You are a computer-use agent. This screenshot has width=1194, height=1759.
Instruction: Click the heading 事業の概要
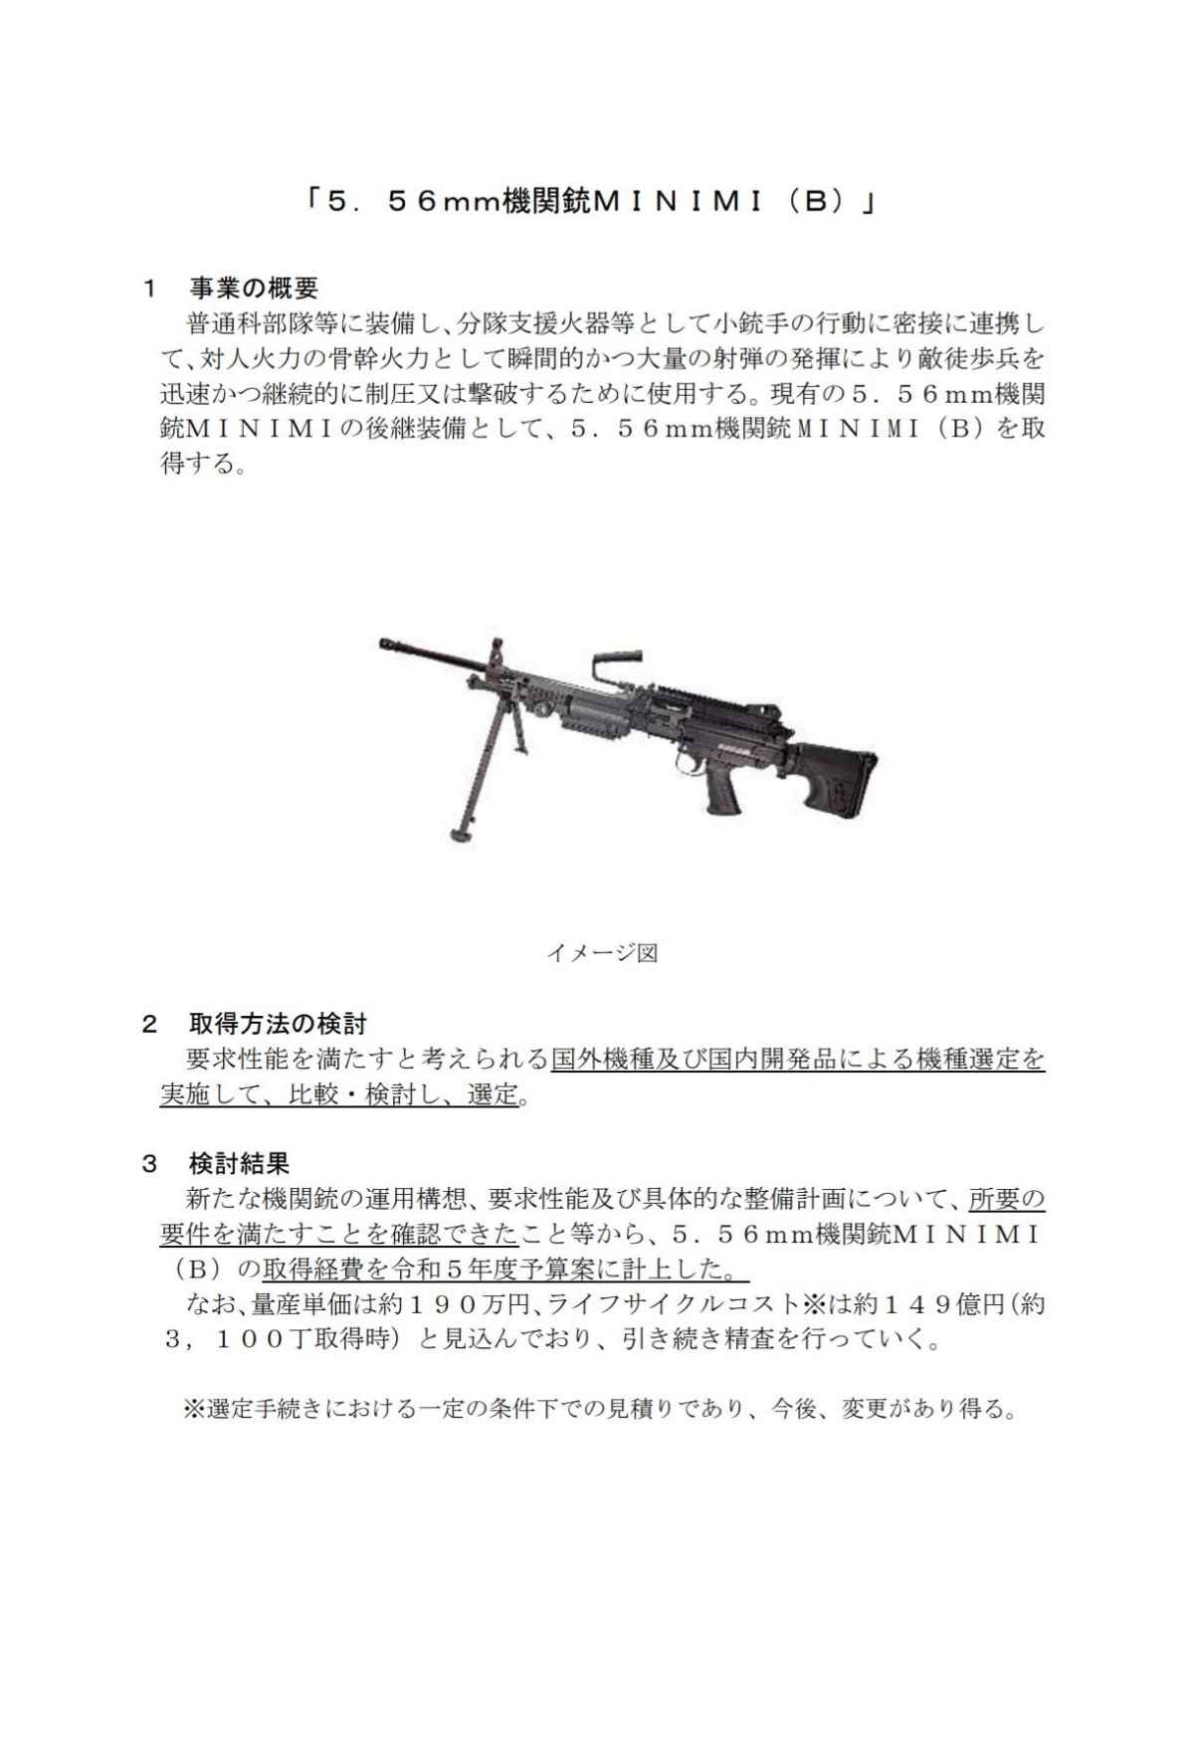pyautogui.click(x=253, y=289)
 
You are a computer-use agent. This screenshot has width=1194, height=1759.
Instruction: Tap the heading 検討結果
pyautogui.click(x=239, y=1162)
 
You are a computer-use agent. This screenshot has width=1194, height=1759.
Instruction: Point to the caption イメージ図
pyautogui.click(x=601, y=953)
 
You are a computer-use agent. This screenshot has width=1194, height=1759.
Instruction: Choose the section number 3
pyautogui.click(x=149, y=1162)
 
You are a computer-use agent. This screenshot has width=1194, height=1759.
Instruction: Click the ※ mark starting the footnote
pyautogui.click(x=192, y=1410)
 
